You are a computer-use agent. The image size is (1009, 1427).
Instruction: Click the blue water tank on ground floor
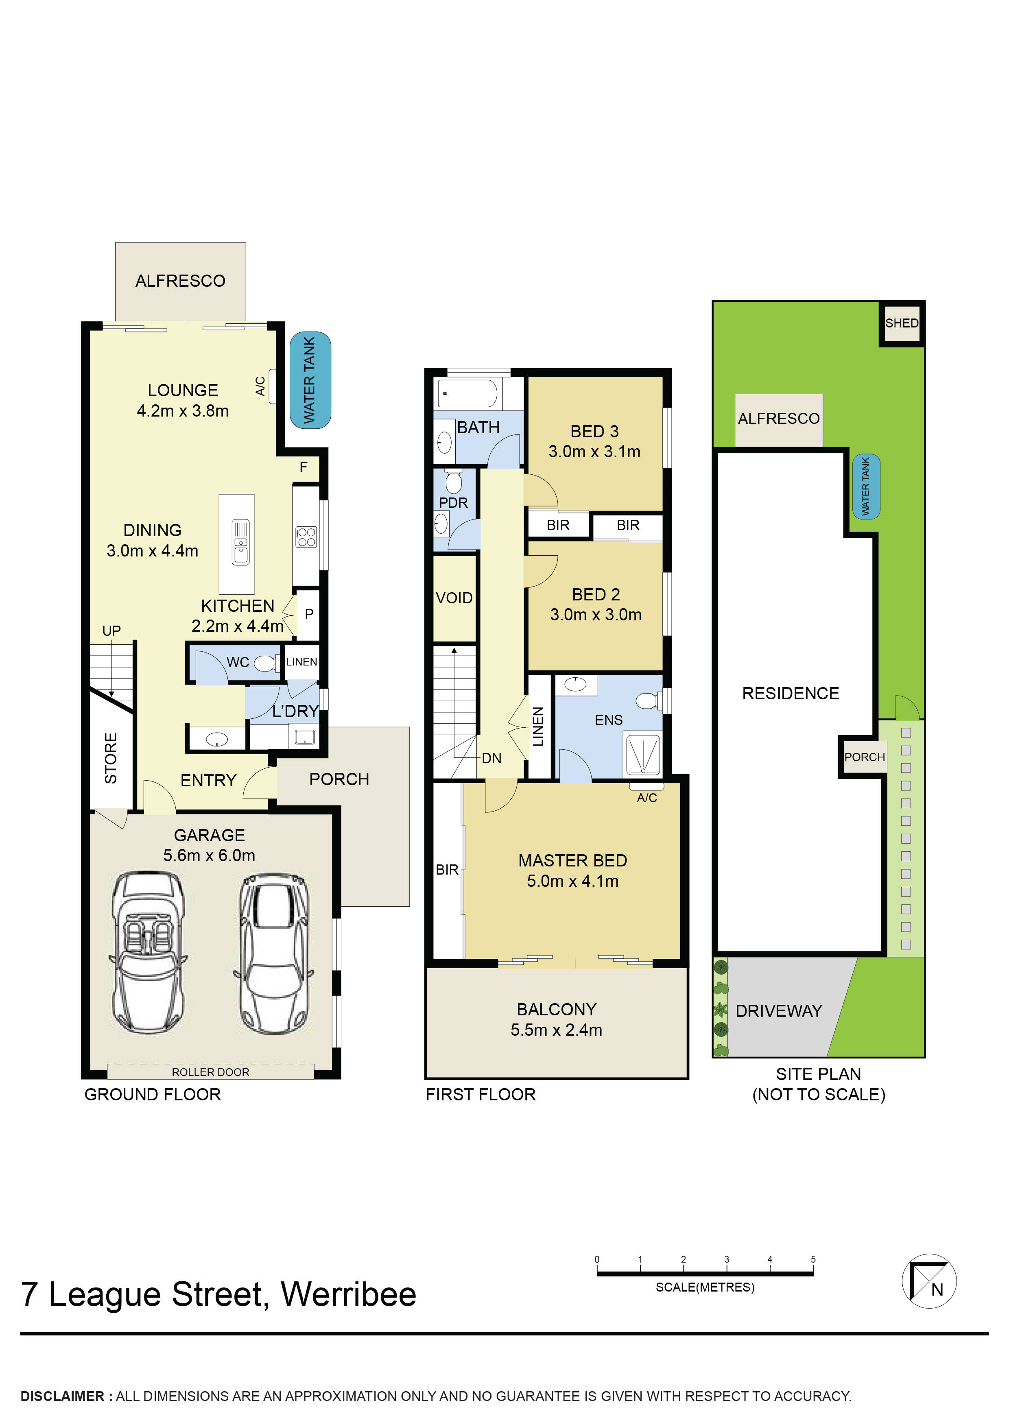click(x=310, y=380)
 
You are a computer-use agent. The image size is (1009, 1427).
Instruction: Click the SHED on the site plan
click(x=901, y=323)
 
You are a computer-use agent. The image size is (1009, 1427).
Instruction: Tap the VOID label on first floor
click(x=454, y=598)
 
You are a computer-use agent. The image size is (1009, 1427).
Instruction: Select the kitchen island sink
click(x=240, y=542)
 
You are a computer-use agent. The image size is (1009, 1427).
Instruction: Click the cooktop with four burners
click(x=306, y=537)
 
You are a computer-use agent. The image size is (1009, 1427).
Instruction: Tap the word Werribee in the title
click(x=348, y=1295)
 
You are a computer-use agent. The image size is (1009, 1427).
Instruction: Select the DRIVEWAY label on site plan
click(x=778, y=1011)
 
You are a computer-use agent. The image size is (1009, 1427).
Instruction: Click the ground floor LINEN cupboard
click(x=301, y=662)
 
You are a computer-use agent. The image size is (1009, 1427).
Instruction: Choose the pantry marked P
click(x=308, y=614)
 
